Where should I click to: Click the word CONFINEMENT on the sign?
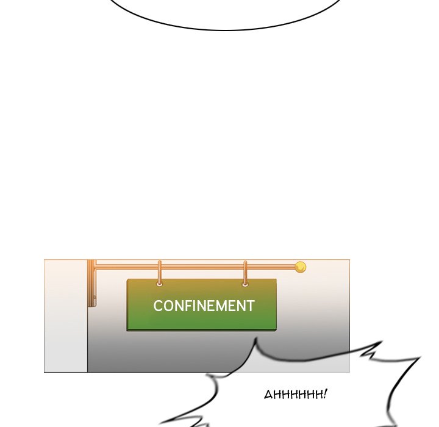point(204,306)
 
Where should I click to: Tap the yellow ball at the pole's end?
point(300,267)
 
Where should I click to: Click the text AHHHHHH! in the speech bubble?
point(295,395)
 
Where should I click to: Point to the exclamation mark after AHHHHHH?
point(325,394)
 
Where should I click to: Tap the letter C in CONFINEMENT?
point(158,306)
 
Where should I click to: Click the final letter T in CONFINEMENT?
point(250,306)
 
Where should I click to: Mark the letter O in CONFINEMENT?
point(168,306)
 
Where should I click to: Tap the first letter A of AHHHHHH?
point(268,395)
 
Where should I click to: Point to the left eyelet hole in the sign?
point(160,284)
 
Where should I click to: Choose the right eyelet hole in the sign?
point(245,284)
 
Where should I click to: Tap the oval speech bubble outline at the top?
point(226,29)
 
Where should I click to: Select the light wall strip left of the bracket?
point(66,317)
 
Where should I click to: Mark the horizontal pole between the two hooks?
point(202,267)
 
